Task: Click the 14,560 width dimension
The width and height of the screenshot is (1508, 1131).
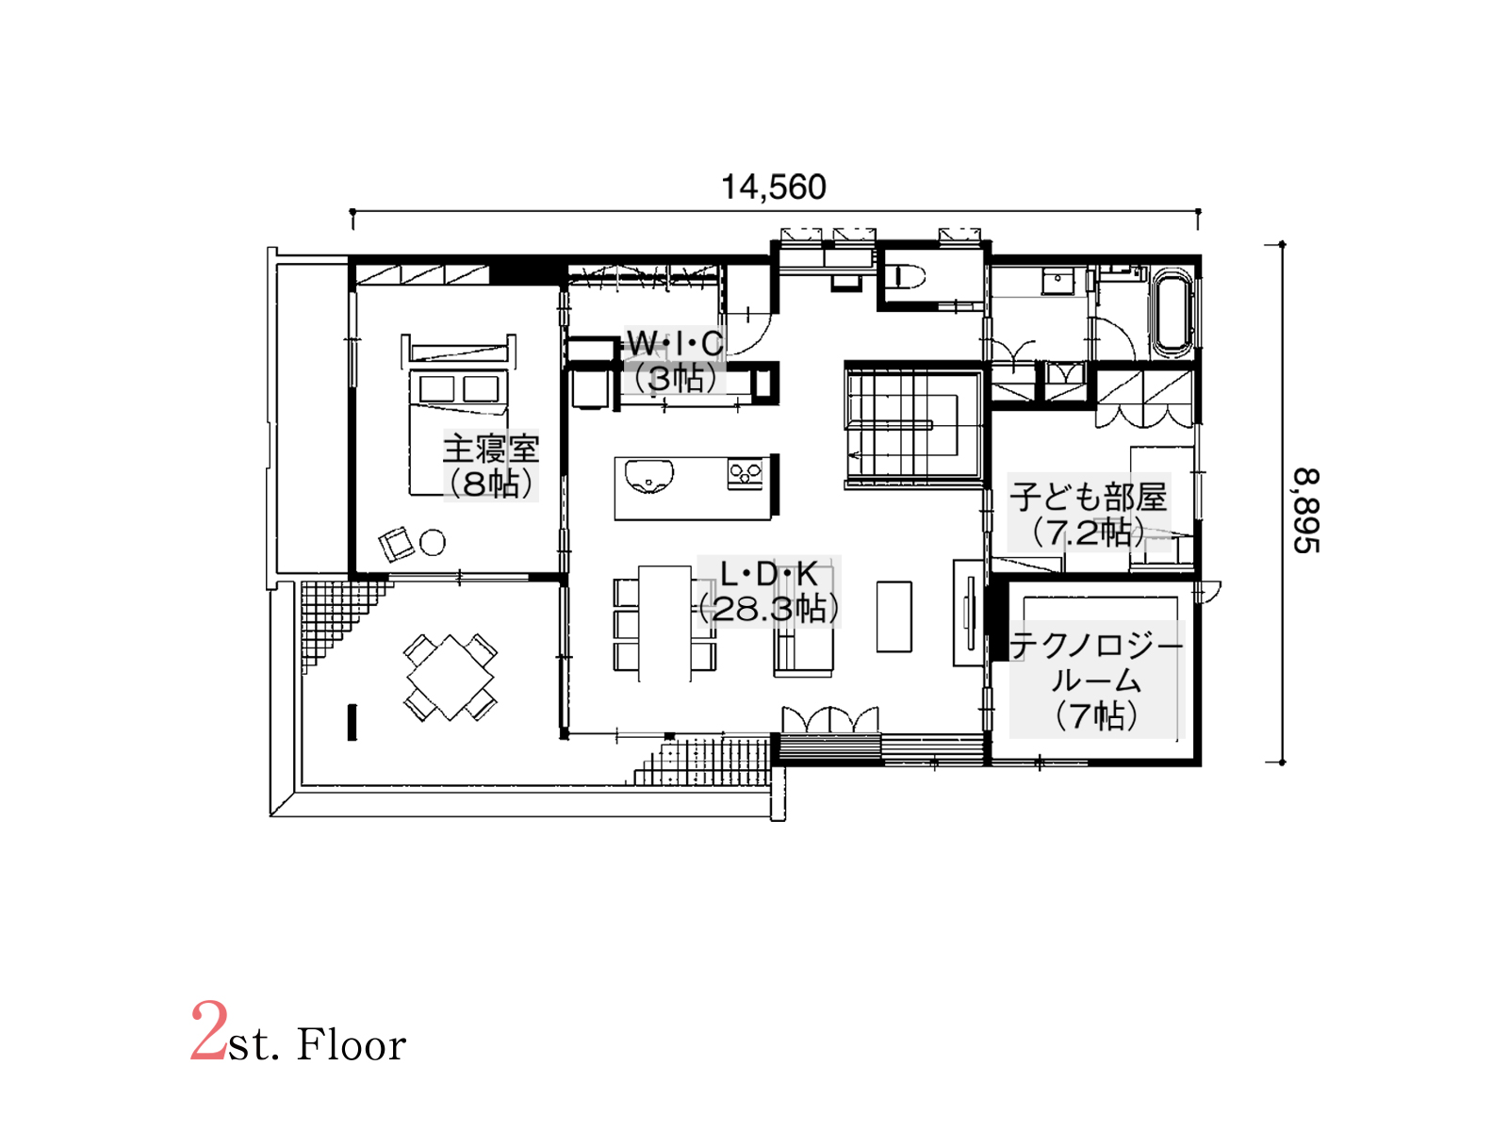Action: coord(773,188)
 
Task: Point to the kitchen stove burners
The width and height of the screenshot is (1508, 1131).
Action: coord(745,474)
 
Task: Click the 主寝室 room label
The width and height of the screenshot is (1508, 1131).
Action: coord(490,450)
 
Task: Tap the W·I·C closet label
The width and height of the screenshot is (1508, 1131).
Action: coord(676,343)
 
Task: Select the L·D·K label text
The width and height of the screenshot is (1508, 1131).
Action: coord(769,573)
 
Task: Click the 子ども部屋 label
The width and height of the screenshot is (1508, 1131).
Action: coord(1089,497)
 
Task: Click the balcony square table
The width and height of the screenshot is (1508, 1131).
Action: coord(450,677)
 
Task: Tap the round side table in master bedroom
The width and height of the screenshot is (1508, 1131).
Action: coord(432,543)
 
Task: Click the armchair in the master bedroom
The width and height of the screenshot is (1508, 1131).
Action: coord(397,545)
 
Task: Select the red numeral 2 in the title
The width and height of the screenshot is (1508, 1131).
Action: coord(208,1031)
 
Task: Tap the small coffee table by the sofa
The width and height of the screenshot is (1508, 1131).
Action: coord(894,616)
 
